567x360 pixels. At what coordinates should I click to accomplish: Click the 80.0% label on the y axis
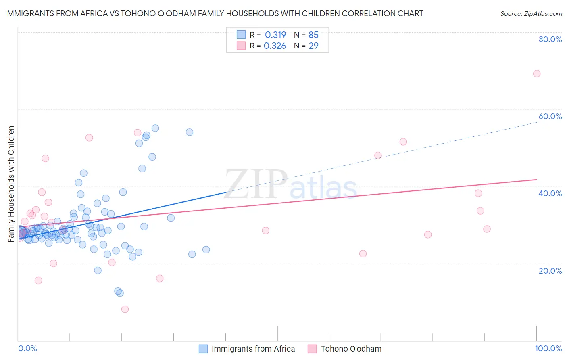click(550, 39)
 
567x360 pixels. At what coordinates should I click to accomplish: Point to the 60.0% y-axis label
click(550, 116)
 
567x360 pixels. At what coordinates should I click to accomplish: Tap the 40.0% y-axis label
click(550, 193)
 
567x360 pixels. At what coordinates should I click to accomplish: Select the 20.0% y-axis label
click(550, 270)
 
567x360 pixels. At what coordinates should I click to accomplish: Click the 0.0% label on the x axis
click(27, 348)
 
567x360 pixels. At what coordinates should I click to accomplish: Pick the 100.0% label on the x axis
click(548, 348)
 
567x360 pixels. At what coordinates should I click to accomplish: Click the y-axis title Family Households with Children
click(11, 184)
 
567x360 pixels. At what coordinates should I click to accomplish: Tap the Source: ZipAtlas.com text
click(531, 13)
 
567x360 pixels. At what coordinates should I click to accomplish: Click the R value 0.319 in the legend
click(275, 35)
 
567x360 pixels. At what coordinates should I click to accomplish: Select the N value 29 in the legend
click(313, 46)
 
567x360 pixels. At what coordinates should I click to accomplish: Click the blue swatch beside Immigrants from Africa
click(203, 349)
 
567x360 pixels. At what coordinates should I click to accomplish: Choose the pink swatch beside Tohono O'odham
click(312, 349)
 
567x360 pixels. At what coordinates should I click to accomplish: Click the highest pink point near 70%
click(536, 73)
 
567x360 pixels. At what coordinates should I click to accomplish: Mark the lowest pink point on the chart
click(125, 309)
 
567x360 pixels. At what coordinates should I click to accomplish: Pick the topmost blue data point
click(155, 128)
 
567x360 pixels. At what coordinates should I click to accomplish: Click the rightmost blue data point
click(206, 249)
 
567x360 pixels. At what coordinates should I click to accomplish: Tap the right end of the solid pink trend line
click(537, 179)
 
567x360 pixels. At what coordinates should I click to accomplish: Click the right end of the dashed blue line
click(537, 121)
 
